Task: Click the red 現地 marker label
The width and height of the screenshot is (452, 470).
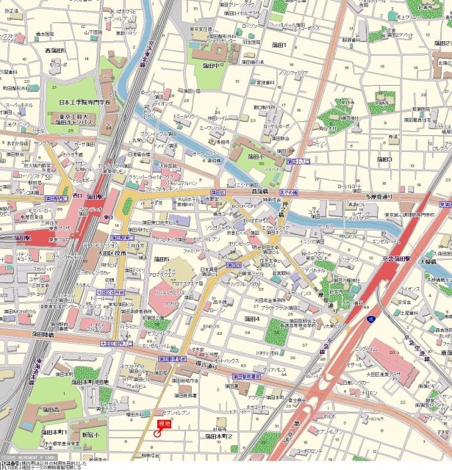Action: (x=164, y=424)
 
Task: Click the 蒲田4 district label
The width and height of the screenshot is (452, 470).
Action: (x=252, y=319)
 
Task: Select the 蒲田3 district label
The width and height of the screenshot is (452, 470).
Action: (x=383, y=159)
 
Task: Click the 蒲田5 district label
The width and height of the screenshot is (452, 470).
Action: (x=161, y=259)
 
